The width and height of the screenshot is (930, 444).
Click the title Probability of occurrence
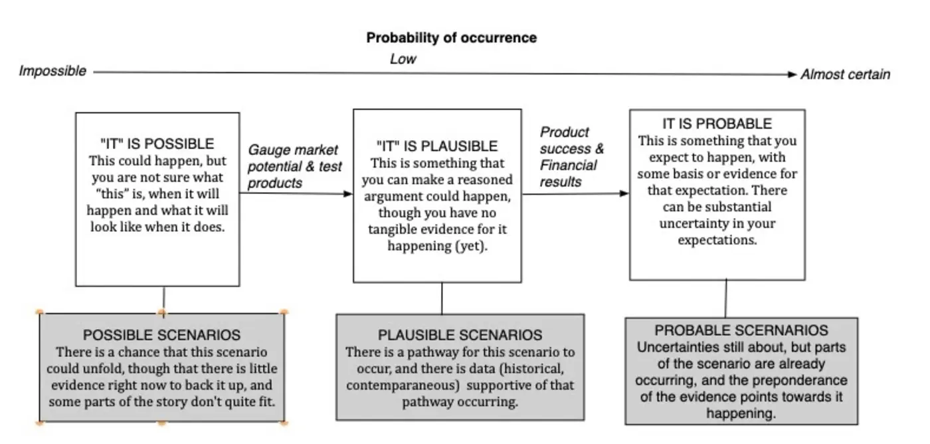(451, 38)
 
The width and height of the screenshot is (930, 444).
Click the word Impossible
(52, 71)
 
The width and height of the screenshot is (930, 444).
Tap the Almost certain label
(844, 74)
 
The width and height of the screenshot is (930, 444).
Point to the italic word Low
(403, 59)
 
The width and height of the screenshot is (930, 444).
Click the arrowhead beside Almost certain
(792, 74)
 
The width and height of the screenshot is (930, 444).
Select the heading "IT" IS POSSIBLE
(157, 144)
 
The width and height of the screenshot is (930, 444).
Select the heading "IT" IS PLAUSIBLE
(436, 146)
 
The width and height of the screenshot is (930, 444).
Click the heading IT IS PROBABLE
(717, 124)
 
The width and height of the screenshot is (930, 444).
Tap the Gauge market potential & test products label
(294, 166)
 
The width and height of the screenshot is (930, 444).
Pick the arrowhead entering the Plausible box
(347, 194)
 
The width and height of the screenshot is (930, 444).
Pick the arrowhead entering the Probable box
(624, 193)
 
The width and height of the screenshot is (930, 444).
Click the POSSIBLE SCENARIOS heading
(161, 335)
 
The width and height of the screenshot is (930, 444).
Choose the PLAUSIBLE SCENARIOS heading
(460, 335)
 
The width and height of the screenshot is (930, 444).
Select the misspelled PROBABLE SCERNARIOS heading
(741, 331)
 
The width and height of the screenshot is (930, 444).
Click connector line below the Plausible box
(442, 298)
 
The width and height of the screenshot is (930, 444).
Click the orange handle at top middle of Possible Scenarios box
(161, 312)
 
